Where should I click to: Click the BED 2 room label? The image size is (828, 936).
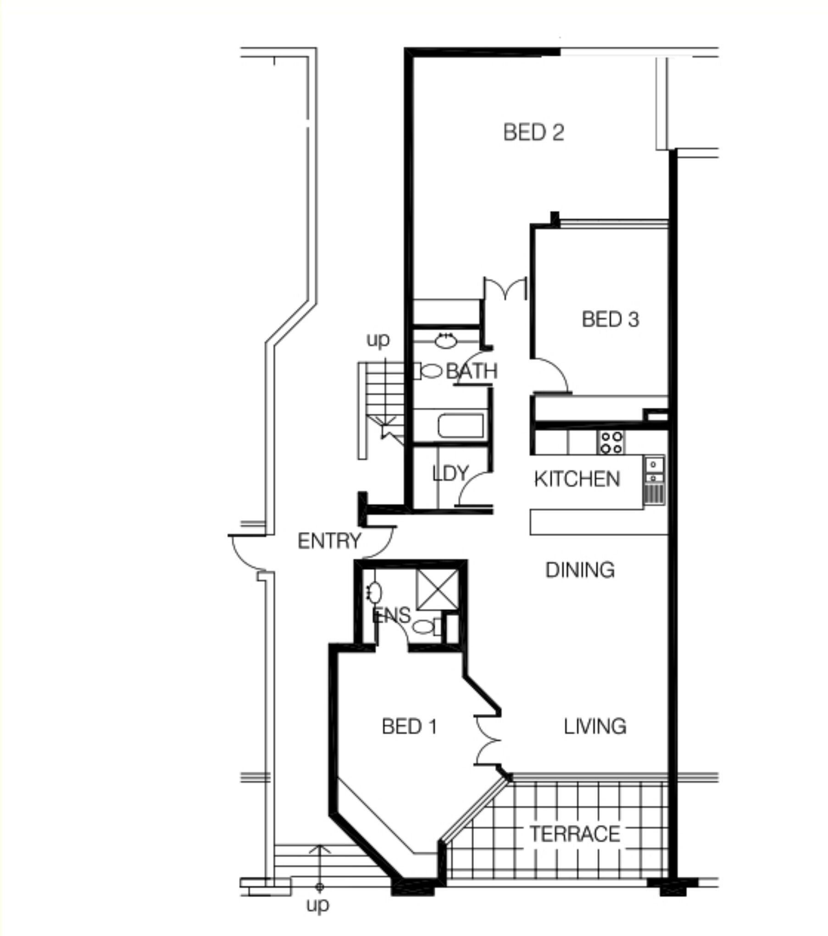pyautogui.click(x=533, y=133)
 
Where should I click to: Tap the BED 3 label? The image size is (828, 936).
pyautogui.click(x=610, y=319)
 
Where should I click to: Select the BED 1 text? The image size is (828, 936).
pyautogui.click(x=409, y=726)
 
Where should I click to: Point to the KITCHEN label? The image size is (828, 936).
pyautogui.click(x=577, y=479)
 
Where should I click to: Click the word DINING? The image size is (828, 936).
pyautogui.click(x=580, y=570)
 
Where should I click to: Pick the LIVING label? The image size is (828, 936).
pyautogui.click(x=595, y=726)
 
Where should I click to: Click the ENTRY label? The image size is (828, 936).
pyautogui.click(x=329, y=541)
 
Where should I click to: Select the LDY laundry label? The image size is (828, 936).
pyautogui.click(x=450, y=473)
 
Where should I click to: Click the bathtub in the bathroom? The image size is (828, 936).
pyautogui.click(x=461, y=426)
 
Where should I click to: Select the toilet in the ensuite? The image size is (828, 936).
pyautogui.click(x=428, y=627)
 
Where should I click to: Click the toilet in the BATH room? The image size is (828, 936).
pyautogui.click(x=428, y=371)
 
